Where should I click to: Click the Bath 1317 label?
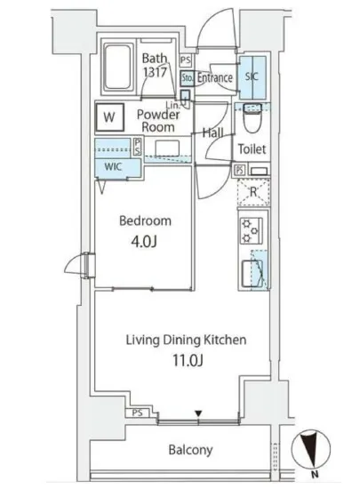pyautogui.click(x=156, y=66)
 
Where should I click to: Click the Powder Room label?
pyautogui.click(x=159, y=121)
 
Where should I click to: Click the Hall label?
pyautogui.click(x=212, y=132)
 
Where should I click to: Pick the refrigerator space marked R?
pyautogui.click(x=252, y=191)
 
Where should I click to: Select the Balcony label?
pyautogui.click(x=190, y=449)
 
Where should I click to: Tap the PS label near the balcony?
pyautogui.click(x=136, y=413)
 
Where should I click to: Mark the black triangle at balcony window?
pyautogui.click(x=198, y=413)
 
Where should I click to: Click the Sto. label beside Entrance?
pyautogui.click(x=186, y=78)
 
